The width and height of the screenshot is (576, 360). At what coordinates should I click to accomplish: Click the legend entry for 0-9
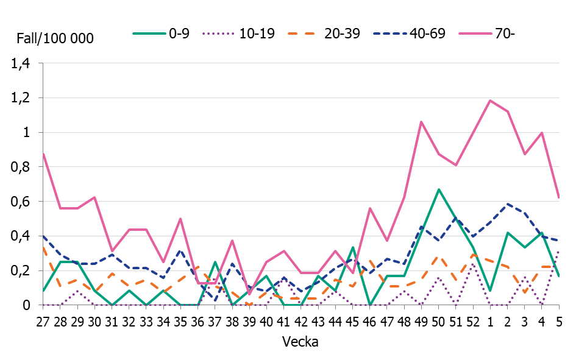tap(162, 34)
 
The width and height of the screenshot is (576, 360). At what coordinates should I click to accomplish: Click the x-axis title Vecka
tap(300, 342)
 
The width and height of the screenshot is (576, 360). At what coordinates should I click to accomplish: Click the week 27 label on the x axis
tap(43, 321)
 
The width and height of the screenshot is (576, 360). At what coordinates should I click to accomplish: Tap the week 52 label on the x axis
tap(472, 321)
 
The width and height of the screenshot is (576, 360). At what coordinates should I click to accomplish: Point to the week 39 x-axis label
tap(249, 321)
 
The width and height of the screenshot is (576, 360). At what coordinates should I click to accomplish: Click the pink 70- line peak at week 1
tap(489, 101)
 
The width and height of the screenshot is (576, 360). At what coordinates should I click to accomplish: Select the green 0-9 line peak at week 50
tap(438, 189)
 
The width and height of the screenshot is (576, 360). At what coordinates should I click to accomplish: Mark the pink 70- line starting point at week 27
tap(43, 154)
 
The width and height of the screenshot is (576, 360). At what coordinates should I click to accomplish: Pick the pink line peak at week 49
tap(421, 122)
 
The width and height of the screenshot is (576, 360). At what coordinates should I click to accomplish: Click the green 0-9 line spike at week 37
tap(215, 262)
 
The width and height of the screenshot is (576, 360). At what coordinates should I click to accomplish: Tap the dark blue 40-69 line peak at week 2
tap(507, 204)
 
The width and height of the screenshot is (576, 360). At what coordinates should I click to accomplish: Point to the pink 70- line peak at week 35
tap(180, 219)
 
